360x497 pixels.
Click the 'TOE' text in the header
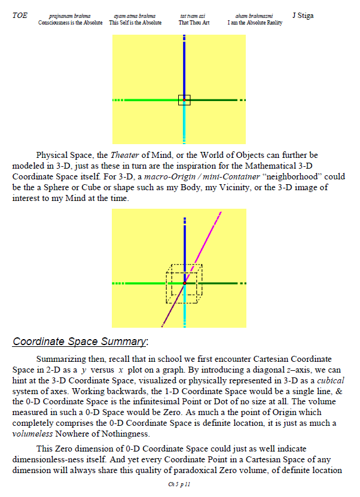tap(19, 16)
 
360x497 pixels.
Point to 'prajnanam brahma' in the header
tap(70, 16)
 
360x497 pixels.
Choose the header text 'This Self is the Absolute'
tap(136, 23)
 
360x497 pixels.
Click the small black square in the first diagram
tap(184, 100)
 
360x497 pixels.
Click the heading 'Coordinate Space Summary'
tap(79, 342)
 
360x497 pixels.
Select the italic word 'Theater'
tap(125, 155)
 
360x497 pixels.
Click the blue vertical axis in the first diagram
tap(184, 66)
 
